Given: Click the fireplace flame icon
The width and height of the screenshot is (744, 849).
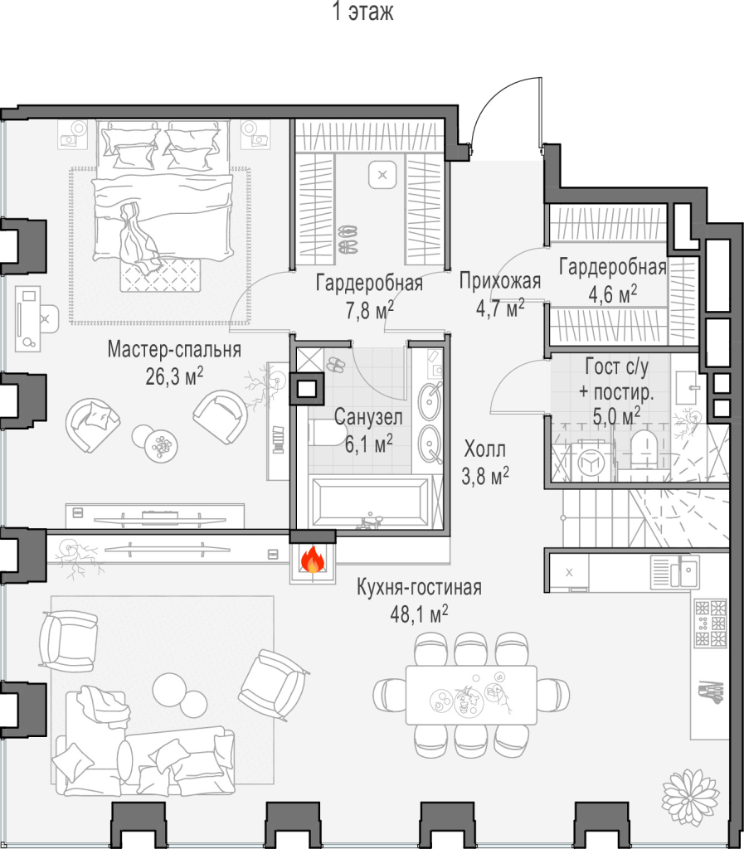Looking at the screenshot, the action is point(313,560).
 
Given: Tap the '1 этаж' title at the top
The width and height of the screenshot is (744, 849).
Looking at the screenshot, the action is point(362,12).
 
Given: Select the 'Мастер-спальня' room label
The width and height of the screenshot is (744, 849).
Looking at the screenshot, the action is point(174,350).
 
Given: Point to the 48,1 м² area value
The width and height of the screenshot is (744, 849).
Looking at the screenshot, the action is point(419,614).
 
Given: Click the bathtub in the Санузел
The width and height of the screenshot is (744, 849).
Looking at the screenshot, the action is point(369,503).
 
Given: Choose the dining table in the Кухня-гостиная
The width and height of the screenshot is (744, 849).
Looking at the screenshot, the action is point(471,696).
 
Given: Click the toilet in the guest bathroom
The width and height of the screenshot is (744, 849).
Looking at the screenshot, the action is point(644,449).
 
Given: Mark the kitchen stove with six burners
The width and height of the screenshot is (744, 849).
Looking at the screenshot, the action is point(711,623).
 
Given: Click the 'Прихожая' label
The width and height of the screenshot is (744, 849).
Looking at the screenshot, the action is point(500,282).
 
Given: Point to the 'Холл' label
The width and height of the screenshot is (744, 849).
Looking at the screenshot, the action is point(484,449).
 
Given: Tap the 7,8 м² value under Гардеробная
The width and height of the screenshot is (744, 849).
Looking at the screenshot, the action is point(369,310).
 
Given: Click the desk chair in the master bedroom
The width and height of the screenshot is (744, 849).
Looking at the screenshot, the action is point(47,319).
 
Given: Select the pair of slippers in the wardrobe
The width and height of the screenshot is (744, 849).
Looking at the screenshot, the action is point(348,240).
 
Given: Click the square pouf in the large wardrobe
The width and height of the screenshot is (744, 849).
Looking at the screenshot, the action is point(383,174).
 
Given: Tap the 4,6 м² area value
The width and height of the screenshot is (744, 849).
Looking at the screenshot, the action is point(612,294).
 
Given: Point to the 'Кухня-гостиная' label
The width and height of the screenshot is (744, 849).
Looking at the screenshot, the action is point(419,588).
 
